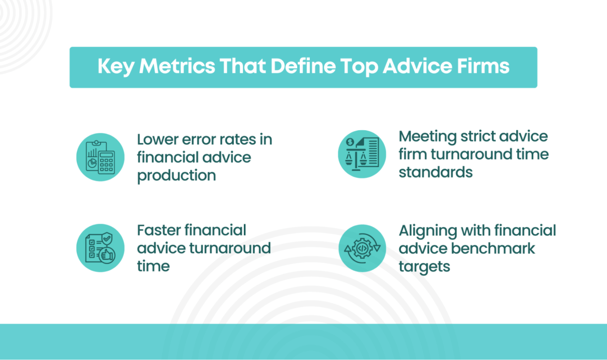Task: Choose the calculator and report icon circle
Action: [100, 157]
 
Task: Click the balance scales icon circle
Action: [362, 154]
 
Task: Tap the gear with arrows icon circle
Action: [362, 248]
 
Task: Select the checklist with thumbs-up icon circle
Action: [100, 248]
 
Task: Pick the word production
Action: [176, 175]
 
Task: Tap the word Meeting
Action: [426, 136]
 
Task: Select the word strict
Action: [479, 136]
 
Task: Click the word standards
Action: [435, 172]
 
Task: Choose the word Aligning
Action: [430, 230]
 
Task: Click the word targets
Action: [424, 267]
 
